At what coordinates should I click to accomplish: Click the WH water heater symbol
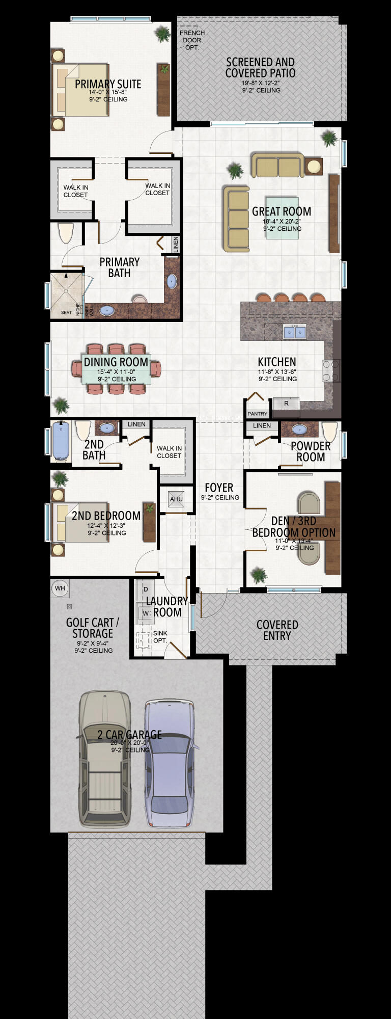(60, 588)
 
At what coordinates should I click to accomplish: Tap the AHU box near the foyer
(176, 499)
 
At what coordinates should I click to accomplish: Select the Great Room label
(282, 211)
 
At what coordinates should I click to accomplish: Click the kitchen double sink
(295, 332)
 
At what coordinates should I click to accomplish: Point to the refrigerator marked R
(286, 403)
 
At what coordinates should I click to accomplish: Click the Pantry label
(257, 414)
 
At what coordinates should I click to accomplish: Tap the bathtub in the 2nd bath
(61, 440)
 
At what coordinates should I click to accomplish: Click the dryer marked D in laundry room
(145, 589)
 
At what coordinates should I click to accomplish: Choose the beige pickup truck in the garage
(105, 759)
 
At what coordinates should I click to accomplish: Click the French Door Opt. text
(192, 40)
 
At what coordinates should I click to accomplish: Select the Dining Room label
(116, 362)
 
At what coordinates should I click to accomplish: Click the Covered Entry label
(277, 630)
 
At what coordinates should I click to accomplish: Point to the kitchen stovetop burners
(327, 370)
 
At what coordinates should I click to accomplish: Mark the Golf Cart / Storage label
(92, 628)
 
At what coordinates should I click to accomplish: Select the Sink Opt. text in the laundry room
(160, 636)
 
